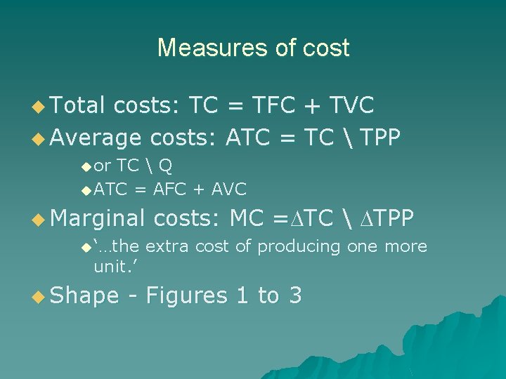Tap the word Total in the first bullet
pos(77,105)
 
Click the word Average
pos(96,138)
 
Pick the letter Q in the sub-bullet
pos(165,166)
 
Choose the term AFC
pos(171,189)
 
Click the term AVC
pos(228,189)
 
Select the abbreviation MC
pos(246,218)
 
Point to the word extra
pos(167,246)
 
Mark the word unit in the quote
pos(107,267)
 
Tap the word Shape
pos(84,296)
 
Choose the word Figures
pos(186,296)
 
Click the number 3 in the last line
pos(295,296)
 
